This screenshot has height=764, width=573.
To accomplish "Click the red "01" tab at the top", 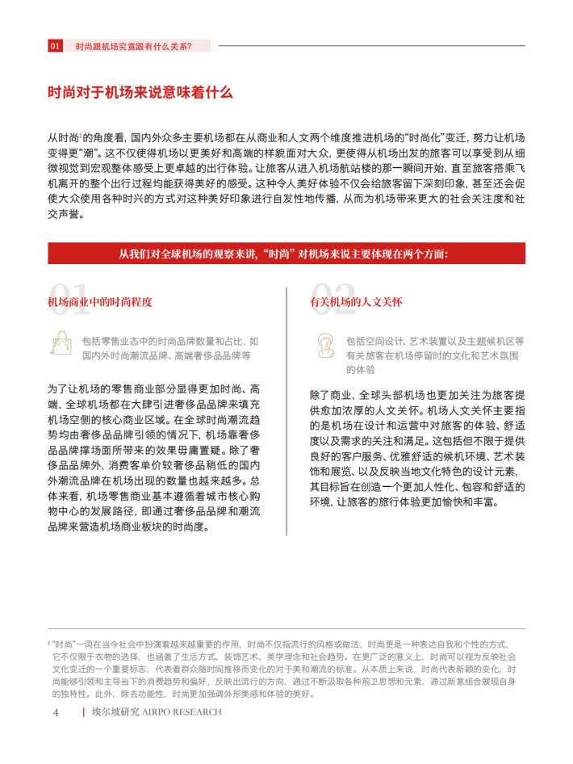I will [55, 46].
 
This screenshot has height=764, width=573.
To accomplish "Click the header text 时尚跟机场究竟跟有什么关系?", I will [133, 46].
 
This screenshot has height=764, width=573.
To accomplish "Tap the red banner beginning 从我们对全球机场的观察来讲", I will [286, 253].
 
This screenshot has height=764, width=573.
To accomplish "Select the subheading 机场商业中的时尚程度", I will [100, 302].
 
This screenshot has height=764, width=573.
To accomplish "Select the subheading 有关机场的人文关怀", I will [356, 302].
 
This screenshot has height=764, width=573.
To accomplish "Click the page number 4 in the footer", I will [56, 712].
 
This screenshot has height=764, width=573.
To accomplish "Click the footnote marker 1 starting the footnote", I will [49, 642].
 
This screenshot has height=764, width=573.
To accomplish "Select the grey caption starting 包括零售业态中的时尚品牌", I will [170, 347].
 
